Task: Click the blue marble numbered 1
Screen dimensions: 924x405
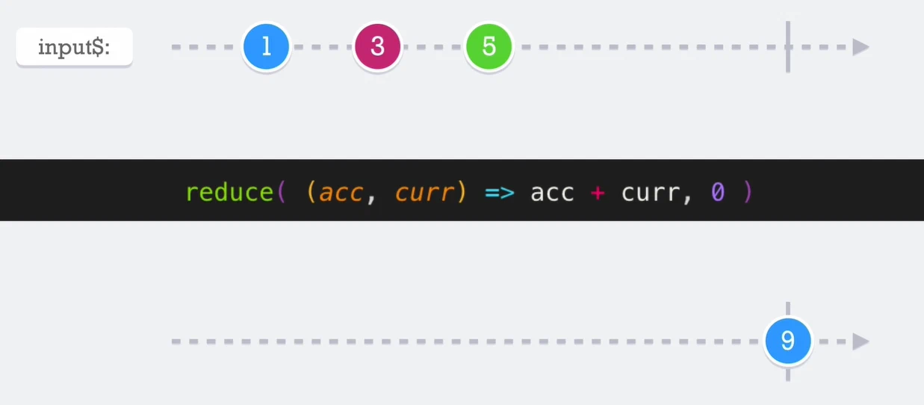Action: pos(266,46)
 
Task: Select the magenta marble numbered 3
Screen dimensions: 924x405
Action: pos(377,46)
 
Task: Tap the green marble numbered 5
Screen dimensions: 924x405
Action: pos(489,46)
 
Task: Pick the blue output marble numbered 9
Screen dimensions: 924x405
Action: pos(788,341)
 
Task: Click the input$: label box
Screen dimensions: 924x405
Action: pos(74,46)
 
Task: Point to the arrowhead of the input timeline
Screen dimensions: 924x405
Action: pos(861,46)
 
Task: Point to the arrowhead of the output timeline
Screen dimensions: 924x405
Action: pos(861,341)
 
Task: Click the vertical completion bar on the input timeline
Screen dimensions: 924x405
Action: pos(788,46)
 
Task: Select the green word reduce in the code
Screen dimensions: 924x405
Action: pos(230,192)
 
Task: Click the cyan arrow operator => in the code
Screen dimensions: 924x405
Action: pos(500,193)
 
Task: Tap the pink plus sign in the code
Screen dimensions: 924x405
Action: pos(598,193)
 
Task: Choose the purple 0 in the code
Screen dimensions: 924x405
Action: pos(718,192)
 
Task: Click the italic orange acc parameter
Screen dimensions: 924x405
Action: pos(341,193)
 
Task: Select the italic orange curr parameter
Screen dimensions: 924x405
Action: pos(425,193)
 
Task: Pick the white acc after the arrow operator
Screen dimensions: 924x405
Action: pos(552,193)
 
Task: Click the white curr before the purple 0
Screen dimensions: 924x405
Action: pos(651,193)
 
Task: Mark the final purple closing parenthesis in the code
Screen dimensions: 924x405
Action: pos(748,192)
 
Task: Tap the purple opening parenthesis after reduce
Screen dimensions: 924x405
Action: pos(282,192)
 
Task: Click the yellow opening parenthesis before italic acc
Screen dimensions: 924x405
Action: pos(311,192)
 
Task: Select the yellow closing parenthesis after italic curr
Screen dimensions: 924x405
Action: pos(462,192)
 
